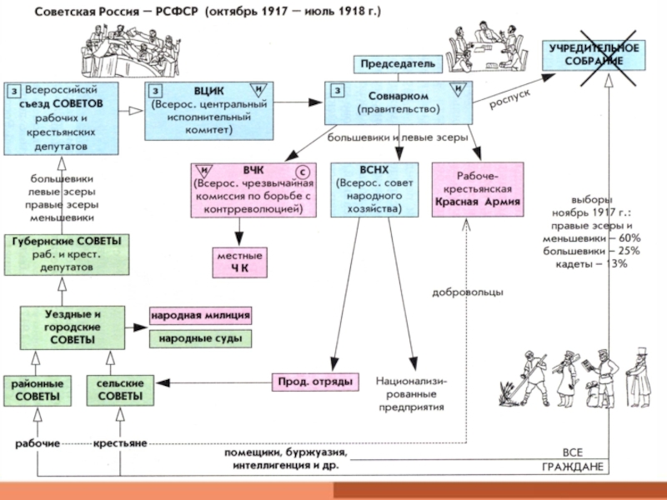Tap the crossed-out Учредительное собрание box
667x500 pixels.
(x=593, y=56)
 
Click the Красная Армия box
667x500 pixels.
(x=477, y=189)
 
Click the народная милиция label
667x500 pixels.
(x=200, y=316)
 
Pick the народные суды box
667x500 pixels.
(x=200, y=339)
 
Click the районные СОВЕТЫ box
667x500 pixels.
(x=36, y=391)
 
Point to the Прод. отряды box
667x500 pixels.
(x=314, y=382)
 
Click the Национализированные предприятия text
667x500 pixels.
(x=410, y=393)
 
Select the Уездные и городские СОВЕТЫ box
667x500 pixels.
(x=73, y=327)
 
